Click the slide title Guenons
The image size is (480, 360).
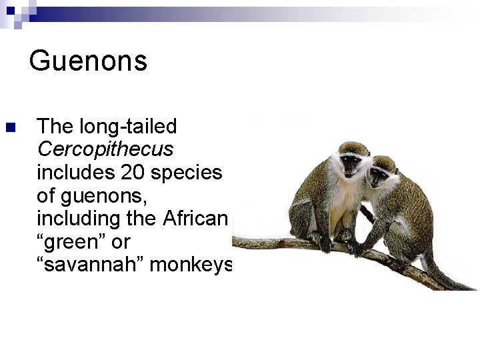(88, 61)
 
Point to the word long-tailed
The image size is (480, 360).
(128, 126)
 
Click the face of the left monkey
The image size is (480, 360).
(348, 162)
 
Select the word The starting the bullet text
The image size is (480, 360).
(55, 126)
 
